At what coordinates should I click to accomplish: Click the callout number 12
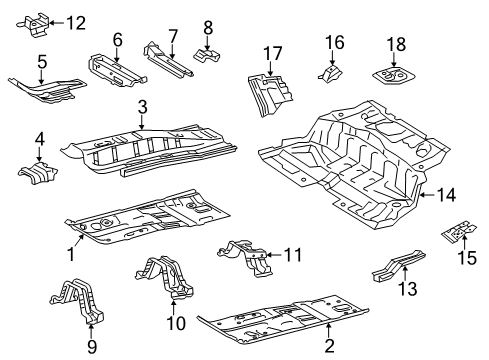point(76,23)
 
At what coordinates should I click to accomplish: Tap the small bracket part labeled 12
point(33,24)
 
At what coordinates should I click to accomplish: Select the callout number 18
point(396,44)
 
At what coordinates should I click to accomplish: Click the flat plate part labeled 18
point(393,76)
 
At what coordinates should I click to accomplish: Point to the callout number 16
point(335,42)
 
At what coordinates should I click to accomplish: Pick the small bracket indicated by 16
point(330,74)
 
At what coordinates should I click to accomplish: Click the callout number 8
point(208,28)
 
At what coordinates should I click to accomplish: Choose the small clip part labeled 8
point(207,56)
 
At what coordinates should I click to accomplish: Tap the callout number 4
point(40,140)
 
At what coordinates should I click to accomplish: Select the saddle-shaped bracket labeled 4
point(37,172)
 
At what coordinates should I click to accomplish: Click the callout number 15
point(467,258)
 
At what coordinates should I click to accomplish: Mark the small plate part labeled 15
point(459,232)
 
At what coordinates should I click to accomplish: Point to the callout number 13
point(407,288)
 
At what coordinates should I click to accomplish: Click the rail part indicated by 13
point(399,266)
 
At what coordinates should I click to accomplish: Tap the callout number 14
point(446,195)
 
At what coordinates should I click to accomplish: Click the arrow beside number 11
point(275,255)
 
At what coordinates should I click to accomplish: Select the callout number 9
point(92,347)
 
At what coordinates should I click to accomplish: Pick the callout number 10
point(176,323)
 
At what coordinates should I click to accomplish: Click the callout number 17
point(273,53)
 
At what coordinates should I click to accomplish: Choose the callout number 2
point(329,346)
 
